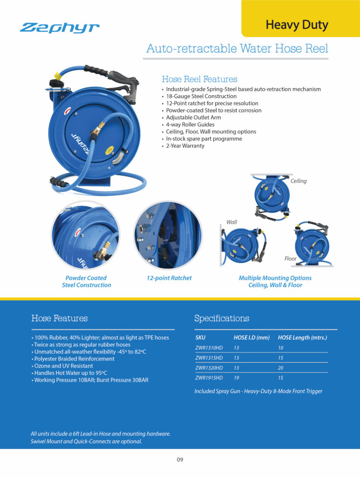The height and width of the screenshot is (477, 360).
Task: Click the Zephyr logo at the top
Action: tap(60, 28)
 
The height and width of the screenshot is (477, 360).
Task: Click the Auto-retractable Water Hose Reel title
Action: tap(237, 48)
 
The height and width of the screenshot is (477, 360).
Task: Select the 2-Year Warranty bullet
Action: tap(185, 146)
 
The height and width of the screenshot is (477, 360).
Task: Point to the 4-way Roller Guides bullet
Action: tap(190, 124)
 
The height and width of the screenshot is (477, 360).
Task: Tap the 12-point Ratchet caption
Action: tap(169, 278)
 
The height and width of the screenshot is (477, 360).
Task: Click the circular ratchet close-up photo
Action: tap(167, 236)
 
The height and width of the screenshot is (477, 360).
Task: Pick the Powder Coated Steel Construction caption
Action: tap(87, 281)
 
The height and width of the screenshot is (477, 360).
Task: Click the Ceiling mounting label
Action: tap(299, 181)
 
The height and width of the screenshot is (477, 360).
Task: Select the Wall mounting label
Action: tap(231, 222)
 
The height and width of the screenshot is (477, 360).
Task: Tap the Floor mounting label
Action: tap(291, 258)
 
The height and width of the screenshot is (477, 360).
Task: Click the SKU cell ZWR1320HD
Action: tap(209, 368)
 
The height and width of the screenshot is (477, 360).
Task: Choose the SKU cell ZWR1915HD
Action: tap(209, 378)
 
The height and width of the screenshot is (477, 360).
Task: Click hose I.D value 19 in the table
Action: tap(237, 378)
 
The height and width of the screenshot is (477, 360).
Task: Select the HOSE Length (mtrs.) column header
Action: tap(302, 337)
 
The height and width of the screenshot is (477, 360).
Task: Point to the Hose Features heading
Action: tap(59, 319)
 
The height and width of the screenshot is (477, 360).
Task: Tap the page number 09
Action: tap(180, 460)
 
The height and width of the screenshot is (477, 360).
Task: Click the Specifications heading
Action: tap(221, 319)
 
